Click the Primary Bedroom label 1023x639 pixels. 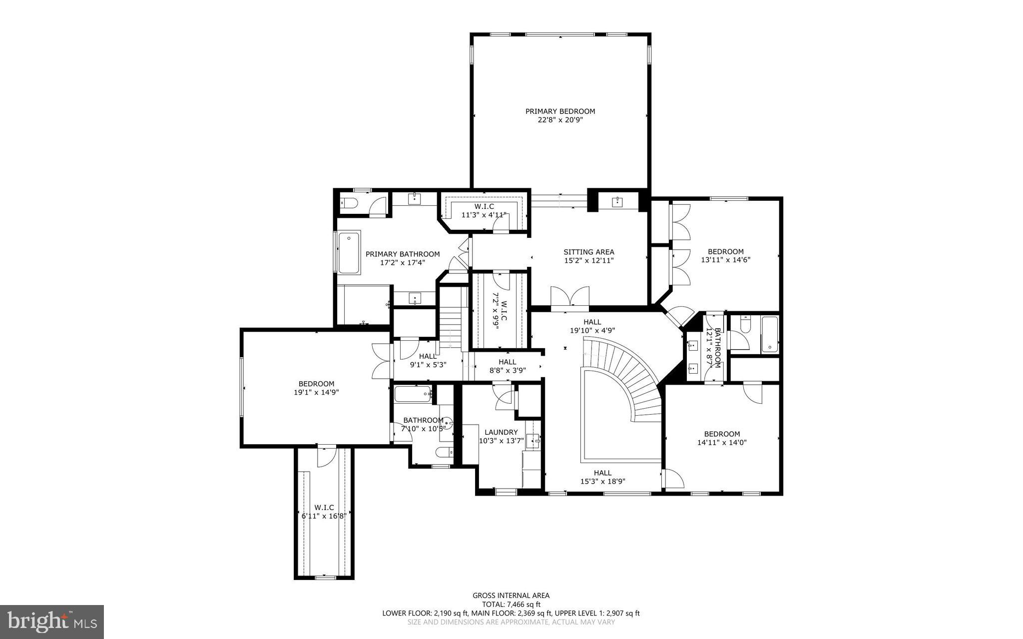point(560,111)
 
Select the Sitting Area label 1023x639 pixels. point(589,252)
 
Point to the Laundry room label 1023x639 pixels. point(501,432)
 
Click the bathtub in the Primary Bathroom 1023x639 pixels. point(349,252)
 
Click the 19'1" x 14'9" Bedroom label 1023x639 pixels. point(316,388)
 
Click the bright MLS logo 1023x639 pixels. point(52,622)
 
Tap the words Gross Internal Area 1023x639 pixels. point(511,595)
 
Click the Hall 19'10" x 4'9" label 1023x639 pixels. point(592,326)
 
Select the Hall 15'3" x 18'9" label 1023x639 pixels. point(602,477)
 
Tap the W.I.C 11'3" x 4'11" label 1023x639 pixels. point(484,211)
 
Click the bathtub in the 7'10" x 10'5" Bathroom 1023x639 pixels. point(413,394)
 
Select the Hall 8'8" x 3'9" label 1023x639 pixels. point(507,366)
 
